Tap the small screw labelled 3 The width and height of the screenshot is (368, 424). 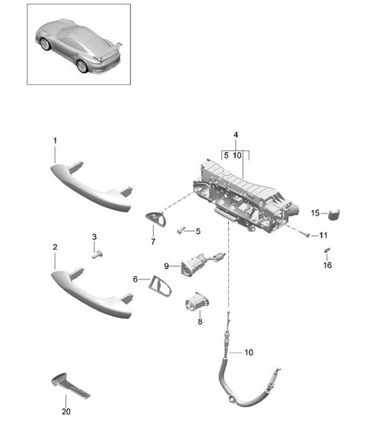pyautogui.click(x=97, y=254)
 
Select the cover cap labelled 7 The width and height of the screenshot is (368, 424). pyautogui.click(x=156, y=219)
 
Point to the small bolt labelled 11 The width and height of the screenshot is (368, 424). pyautogui.click(x=307, y=235)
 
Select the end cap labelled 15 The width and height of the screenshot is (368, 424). pyautogui.click(x=333, y=214)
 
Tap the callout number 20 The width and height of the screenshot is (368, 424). pyautogui.click(x=65, y=411)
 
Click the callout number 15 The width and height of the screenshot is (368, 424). pyautogui.click(x=315, y=213)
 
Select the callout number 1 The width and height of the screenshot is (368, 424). pyautogui.click(x=55, y=140)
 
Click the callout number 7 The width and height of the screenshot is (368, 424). pyautogui.click(x=153, y=241)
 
